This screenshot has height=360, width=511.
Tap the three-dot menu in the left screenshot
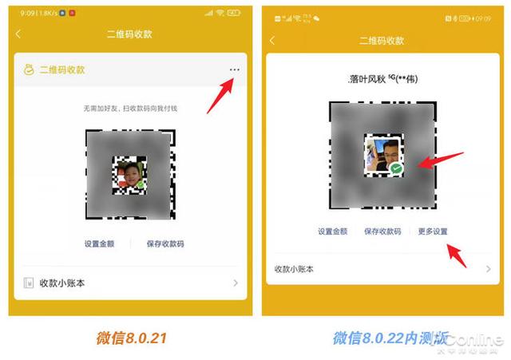(234, 70)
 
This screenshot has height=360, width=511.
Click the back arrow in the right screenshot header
(273, 40)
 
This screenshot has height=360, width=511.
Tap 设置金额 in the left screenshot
(100, 243)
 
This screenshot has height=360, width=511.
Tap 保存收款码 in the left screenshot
(165, 243)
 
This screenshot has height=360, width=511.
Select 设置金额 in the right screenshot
(333, 231)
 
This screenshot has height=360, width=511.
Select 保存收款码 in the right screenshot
(382, 231)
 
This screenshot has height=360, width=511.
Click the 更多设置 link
(433, 231)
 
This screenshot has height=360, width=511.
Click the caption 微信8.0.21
(127, 338)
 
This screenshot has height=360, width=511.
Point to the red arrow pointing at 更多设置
(458, 255)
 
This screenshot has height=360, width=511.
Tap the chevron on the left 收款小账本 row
(236, 283)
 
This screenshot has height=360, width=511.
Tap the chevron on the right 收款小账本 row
(488, 269)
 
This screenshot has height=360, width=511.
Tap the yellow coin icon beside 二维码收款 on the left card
(29, 69)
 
